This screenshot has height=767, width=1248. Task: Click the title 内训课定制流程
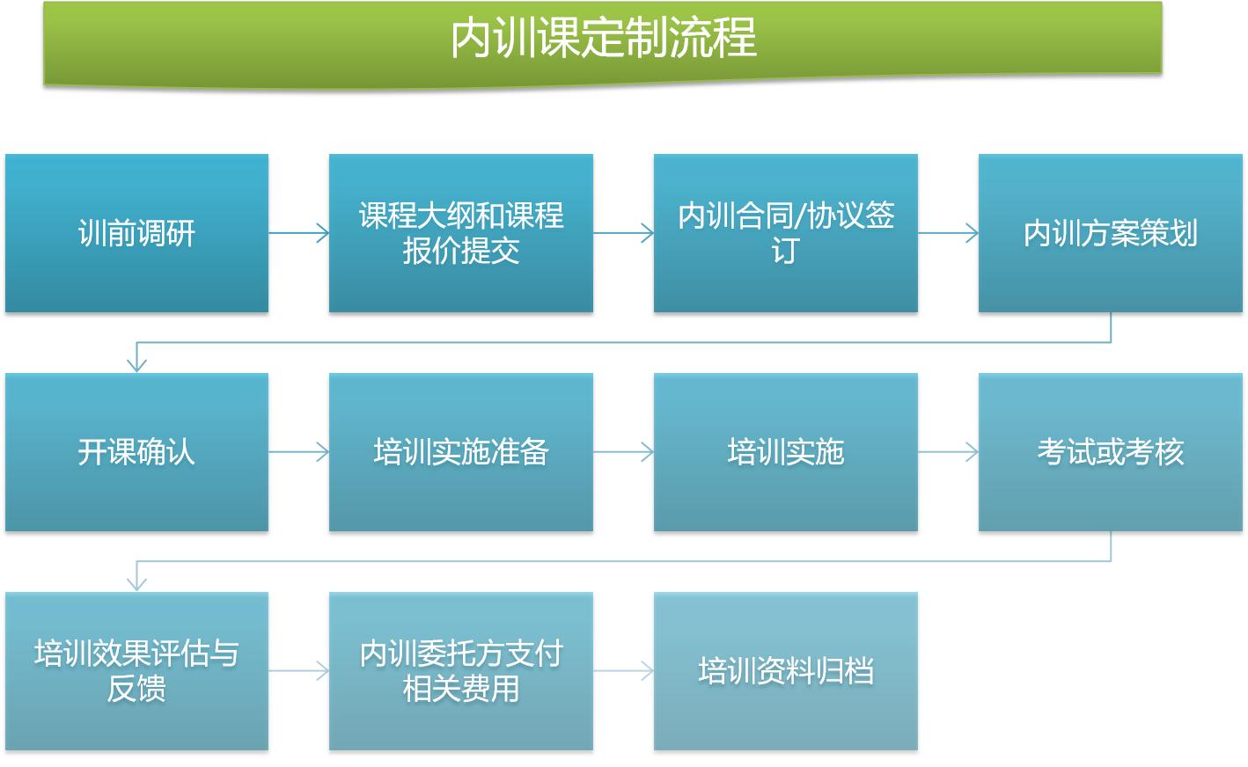coord(604,38)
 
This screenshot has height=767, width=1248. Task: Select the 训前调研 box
coord(137,233)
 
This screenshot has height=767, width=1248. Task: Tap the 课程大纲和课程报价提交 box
coord(461,233)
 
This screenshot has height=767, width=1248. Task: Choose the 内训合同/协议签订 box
coord(786,233)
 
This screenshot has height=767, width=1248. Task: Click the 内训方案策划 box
coord(1111,233)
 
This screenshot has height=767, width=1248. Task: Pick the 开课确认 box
coord(137,452)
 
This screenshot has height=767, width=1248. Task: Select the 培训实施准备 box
coord(461,452)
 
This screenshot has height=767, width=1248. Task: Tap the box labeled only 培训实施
coord(786,452)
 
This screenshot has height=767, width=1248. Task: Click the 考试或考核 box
coord(1111,452)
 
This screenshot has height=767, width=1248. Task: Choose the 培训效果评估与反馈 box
coord(137,670)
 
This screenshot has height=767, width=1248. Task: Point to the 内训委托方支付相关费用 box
coord(461,670)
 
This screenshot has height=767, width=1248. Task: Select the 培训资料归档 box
coord(786,670)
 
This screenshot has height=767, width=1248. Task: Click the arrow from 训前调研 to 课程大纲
coord(299,233)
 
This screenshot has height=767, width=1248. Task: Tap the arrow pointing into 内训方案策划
coord(948,233)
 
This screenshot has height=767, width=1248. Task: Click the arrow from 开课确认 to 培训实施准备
coord(299,452)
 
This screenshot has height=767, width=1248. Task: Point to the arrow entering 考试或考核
coord(948,452)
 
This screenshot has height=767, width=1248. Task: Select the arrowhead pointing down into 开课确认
coord(137,365)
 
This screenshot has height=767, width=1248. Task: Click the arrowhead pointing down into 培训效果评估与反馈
coord(137,584)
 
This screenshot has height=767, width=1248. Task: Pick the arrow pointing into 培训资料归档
coord(623,670)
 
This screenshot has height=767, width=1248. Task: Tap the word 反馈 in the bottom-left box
coord(136,689)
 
